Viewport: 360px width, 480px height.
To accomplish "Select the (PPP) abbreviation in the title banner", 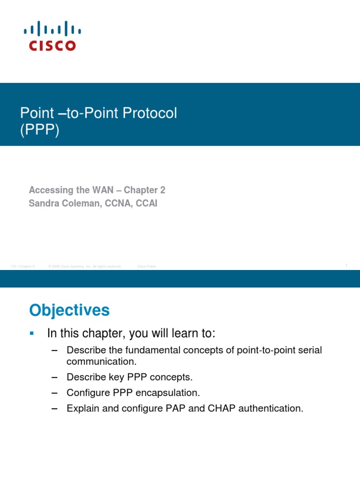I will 39,130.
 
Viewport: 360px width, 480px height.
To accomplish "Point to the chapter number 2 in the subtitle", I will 162,190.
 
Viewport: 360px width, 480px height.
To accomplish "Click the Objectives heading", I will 69,310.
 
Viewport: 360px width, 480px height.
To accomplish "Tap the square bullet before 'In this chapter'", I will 32,333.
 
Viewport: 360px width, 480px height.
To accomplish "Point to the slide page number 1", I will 346,266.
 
